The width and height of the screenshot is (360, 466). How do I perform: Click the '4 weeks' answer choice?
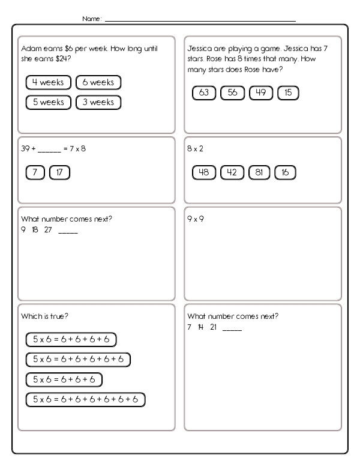pyautogui.click(x=49, y=82)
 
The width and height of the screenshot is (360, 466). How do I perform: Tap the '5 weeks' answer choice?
pyautogui.click(x=49, y=102)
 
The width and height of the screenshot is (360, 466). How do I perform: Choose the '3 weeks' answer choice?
pyautogui.click(x=98, y=102)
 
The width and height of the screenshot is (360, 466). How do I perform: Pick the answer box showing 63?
pyautogui.click(x=203, y=92)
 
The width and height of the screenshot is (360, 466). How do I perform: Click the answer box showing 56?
pyautogui.click(x=232, y=92)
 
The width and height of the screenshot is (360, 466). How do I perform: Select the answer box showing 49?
pyautogui.click(x=260, y=92)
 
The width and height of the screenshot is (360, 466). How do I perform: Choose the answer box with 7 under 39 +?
pyautogui.click(x=35, y=173)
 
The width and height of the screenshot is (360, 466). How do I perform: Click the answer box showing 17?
pyautogui.click(x=59, y=173)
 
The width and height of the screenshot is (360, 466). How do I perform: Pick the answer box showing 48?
pyautogui.click(x=203, y=173)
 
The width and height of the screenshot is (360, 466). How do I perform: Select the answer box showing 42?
pyautogui.click(x=232, y=173)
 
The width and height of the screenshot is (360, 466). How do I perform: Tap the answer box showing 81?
pyautogui.click(x=259, y=173)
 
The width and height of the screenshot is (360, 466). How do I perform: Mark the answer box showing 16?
pyautogui.click(x=285, y=173)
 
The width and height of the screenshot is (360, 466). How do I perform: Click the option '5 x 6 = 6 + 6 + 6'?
pyautogui.click(x=64, y=380)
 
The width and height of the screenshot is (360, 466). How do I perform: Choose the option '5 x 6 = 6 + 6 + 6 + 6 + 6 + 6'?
pyautogui.click(x=86, y=399)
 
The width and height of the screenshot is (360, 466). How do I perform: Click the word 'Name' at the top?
pyautogui.click(x=92, y=19)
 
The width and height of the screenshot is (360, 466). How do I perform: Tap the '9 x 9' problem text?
pyautogui.click(x=196, y=219)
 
